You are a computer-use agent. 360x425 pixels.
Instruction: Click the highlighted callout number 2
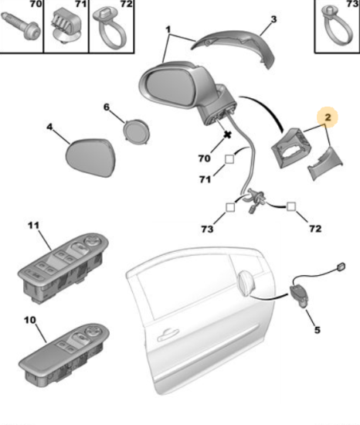(328, 117)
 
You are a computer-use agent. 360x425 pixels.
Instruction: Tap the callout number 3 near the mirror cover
(273, 19)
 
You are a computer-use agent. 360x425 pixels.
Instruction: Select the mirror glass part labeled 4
(90, 158)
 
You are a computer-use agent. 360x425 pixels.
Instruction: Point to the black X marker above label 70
(228, 134)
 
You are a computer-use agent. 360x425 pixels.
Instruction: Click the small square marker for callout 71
(229, 159)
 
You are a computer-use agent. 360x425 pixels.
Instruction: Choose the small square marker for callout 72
(291, 206)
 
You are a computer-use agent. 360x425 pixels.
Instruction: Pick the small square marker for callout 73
(230, 207)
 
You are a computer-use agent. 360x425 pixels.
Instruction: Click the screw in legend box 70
(21, 27)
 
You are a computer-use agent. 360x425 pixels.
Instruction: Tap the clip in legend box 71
(65, 25)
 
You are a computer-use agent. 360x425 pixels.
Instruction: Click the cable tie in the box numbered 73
(337, 25)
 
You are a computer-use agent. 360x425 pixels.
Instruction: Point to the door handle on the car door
(168, 335)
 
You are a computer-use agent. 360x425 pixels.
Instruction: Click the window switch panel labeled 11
(63, 267)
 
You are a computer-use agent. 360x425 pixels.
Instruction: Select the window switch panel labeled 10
(64, 356)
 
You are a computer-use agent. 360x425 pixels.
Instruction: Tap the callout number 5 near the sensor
(318, 330)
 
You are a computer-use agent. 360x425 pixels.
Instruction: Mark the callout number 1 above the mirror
(168, 29)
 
